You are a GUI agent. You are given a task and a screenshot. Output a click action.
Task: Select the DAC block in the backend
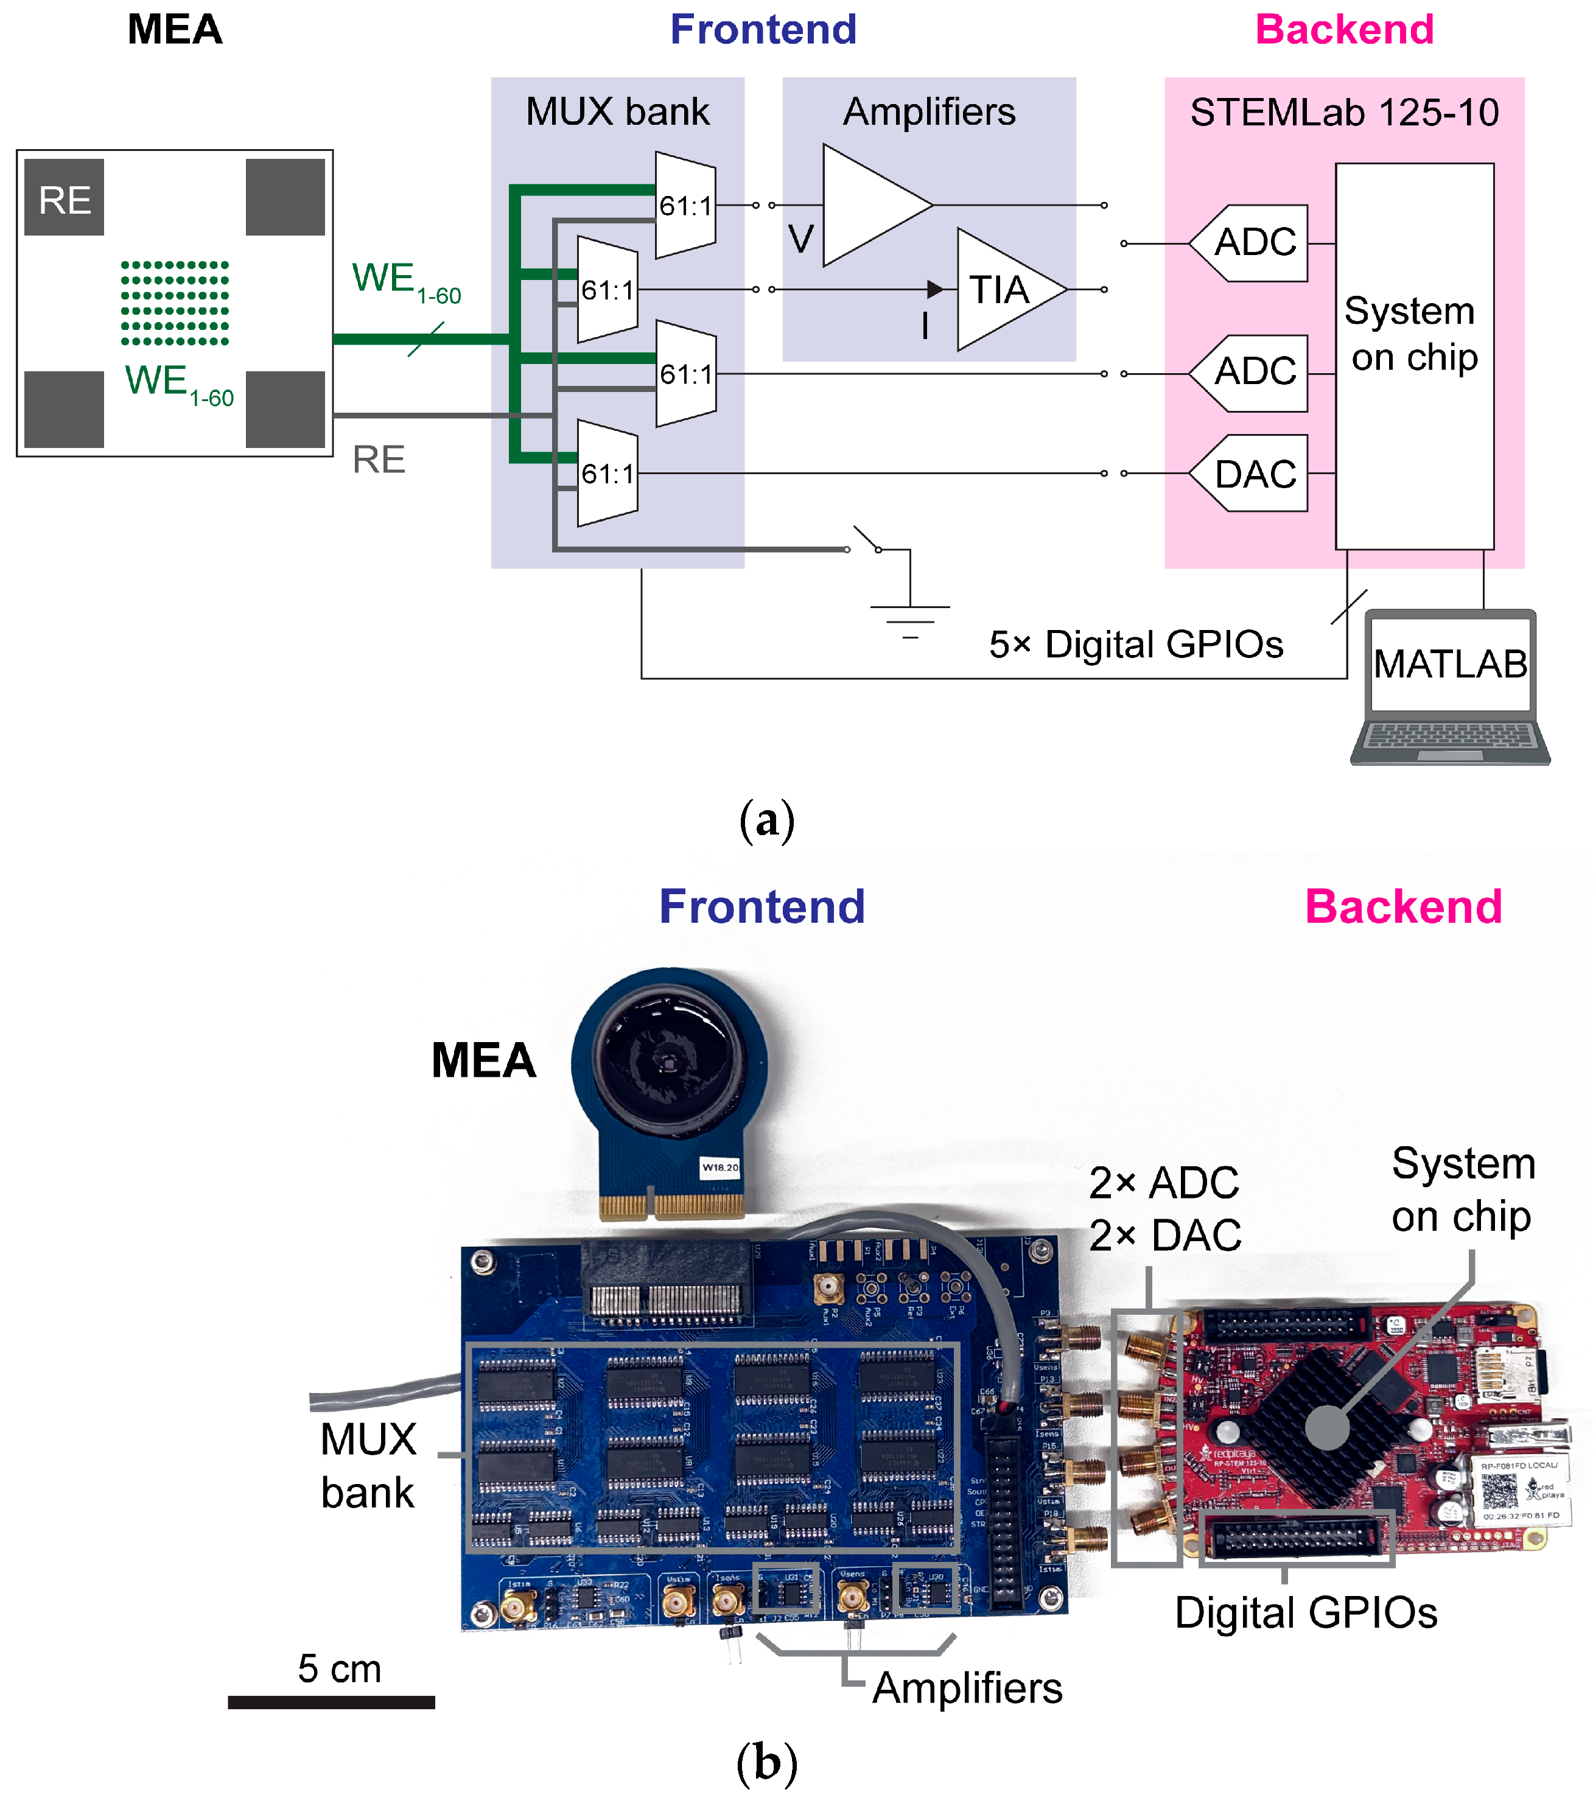1253,474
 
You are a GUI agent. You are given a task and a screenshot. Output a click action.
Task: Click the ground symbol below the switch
909,618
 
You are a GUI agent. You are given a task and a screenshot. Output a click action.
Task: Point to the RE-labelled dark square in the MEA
65,198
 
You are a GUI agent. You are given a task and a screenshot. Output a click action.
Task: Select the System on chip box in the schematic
1413,355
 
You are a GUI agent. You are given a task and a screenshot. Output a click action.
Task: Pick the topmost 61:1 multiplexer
685,205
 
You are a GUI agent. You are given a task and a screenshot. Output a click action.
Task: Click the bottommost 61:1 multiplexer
607,474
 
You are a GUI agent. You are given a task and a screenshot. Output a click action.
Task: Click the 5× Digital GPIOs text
1135,644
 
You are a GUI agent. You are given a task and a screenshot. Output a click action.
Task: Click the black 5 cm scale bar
331,1702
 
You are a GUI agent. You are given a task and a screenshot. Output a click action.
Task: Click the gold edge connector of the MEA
671,1205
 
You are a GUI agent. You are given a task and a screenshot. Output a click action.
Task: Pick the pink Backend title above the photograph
1403,906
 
